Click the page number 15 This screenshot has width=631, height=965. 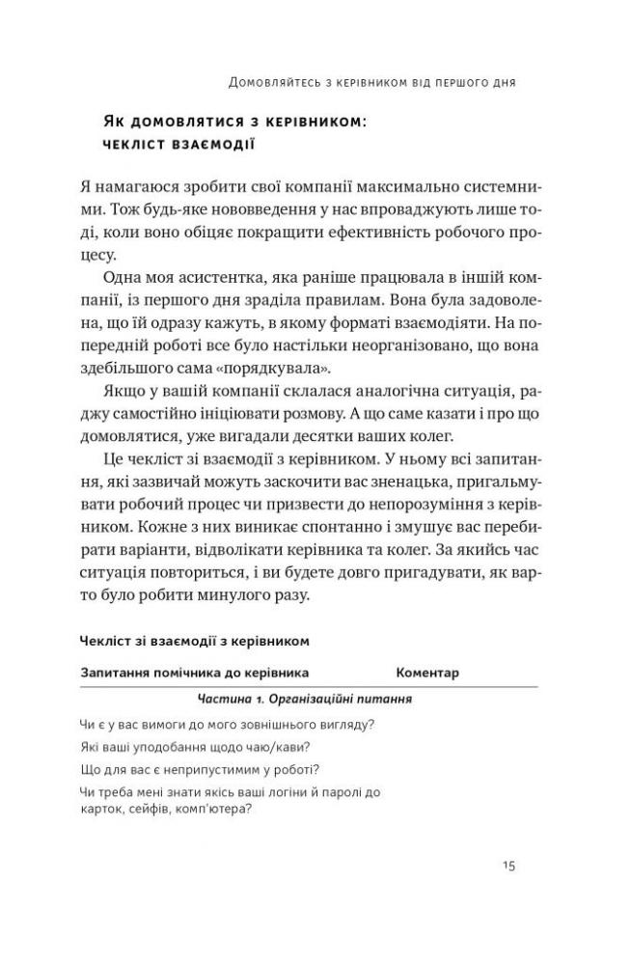coord(508,865)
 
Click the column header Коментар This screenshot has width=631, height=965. coord(427,672)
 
